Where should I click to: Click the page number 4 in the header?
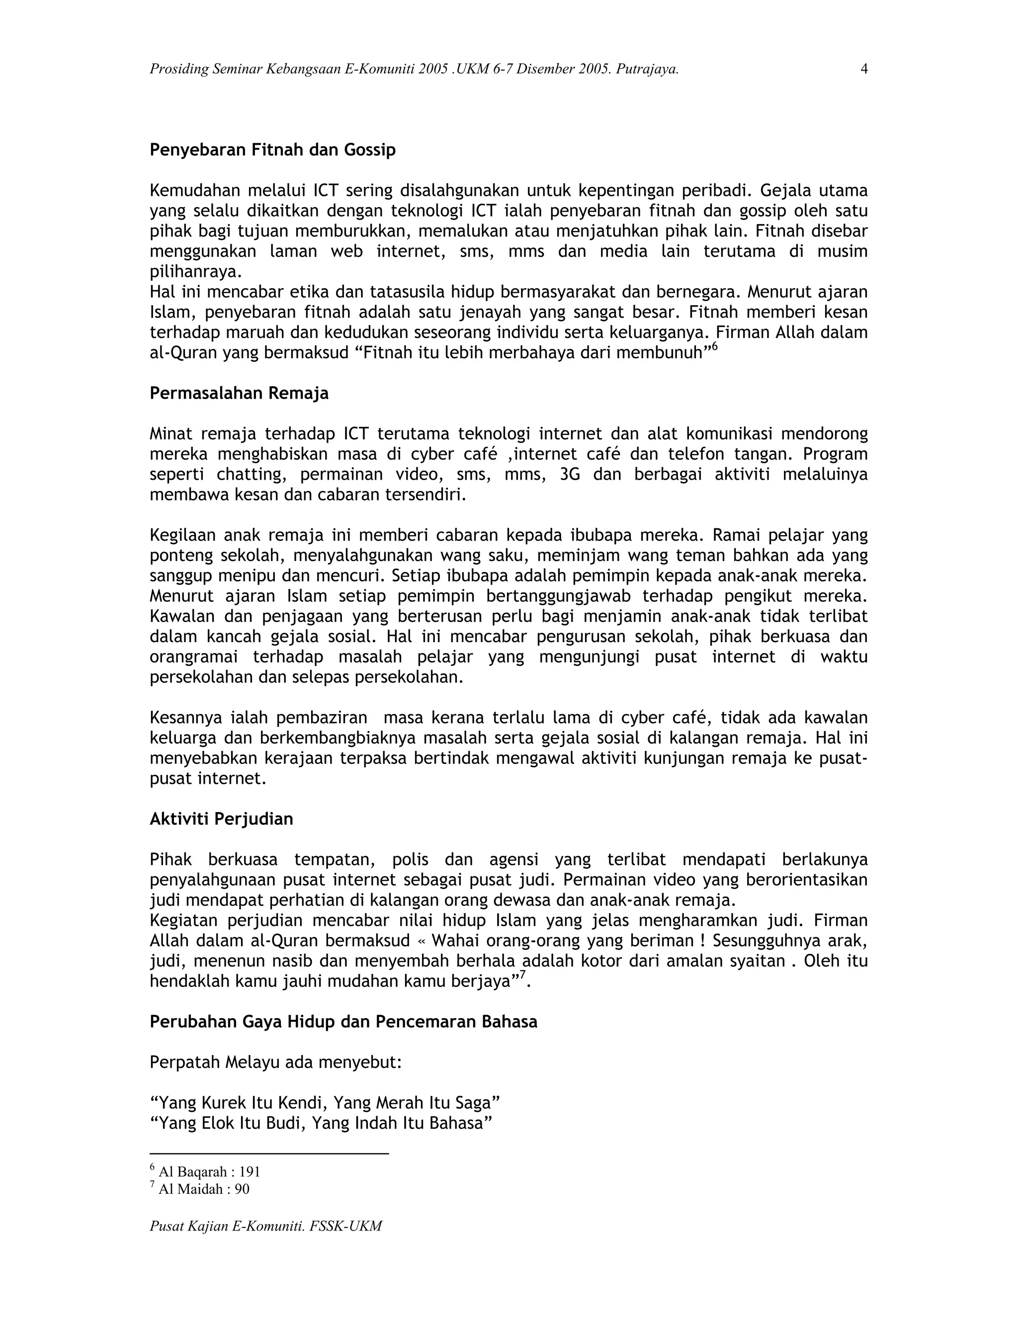click(x=863, y=70)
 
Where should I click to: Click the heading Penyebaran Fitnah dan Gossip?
click(x=272, y=150)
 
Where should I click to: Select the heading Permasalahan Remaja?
click(x=239, y=393)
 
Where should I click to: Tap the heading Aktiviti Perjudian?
click(x=221, y=819)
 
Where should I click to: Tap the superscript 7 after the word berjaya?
click(x=523, y=975)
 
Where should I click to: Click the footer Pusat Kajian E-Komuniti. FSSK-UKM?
click(x=266, y=1226)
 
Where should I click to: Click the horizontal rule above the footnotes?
click(x=269, y=1153)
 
